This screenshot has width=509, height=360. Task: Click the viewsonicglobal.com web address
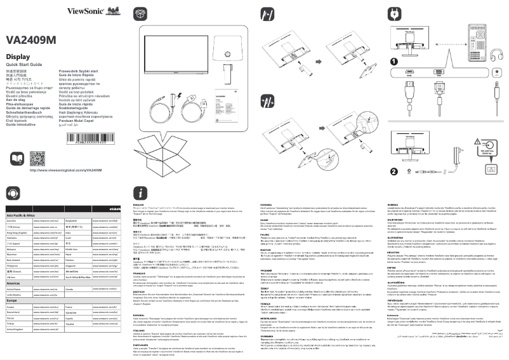pos(65,171)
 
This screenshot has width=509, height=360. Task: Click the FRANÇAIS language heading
pos(137,274)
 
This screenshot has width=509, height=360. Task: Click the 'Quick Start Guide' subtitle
pos(23,65)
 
